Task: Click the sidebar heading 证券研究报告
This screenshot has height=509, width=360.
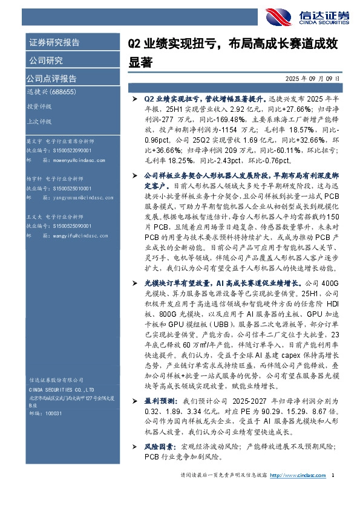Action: point(54,42)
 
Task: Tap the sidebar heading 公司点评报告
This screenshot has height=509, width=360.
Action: point(51,79)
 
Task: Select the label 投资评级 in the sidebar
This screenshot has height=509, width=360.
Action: point(39,106)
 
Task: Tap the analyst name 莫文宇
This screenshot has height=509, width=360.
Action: point(34,141)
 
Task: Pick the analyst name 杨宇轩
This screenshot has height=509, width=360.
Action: point(34,180)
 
